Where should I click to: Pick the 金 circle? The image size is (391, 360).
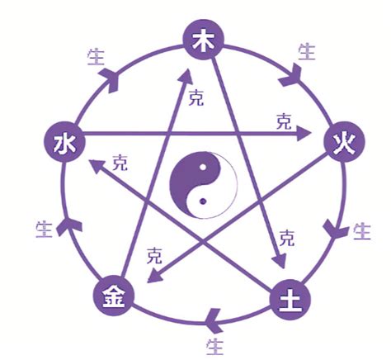click(111, 295)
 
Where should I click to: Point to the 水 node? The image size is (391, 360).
click(60, 144)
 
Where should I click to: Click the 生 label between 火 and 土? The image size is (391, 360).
click(361, 231)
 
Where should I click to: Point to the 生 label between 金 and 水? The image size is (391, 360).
click(45, 227)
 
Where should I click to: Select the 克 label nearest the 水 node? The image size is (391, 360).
click(120, 159)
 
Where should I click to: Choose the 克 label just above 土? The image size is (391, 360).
click(286, 238)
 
